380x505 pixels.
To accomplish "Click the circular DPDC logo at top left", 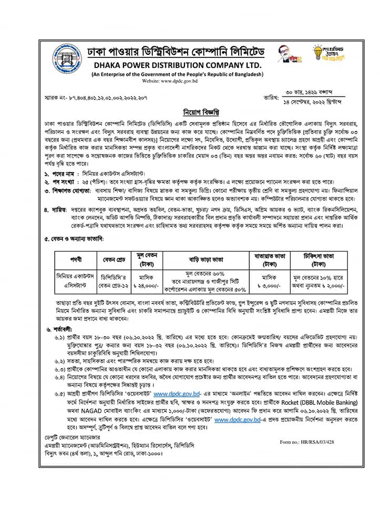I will [68, 61].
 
